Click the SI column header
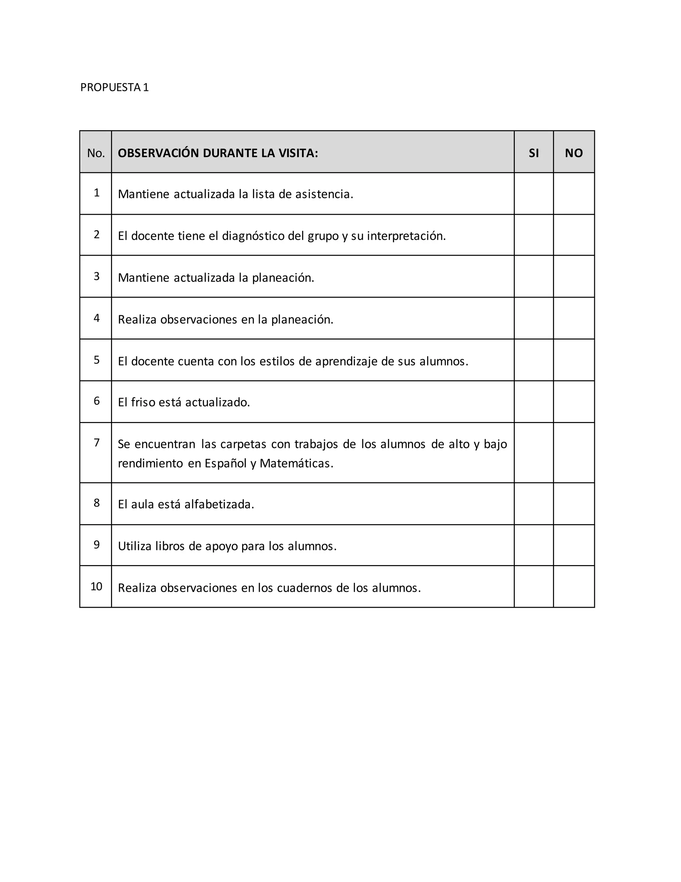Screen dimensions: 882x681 (533, 153)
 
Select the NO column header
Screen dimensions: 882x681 (573, 153)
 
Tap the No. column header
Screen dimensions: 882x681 (96, 153)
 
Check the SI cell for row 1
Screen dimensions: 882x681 (533, 194)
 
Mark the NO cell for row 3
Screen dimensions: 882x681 (573, 277)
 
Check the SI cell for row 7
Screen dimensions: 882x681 (533, 453)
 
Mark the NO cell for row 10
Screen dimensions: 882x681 (573, 586)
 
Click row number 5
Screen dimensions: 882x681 (96, 360)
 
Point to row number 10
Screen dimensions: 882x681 (96, 586)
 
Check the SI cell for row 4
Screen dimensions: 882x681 (533, 318)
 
